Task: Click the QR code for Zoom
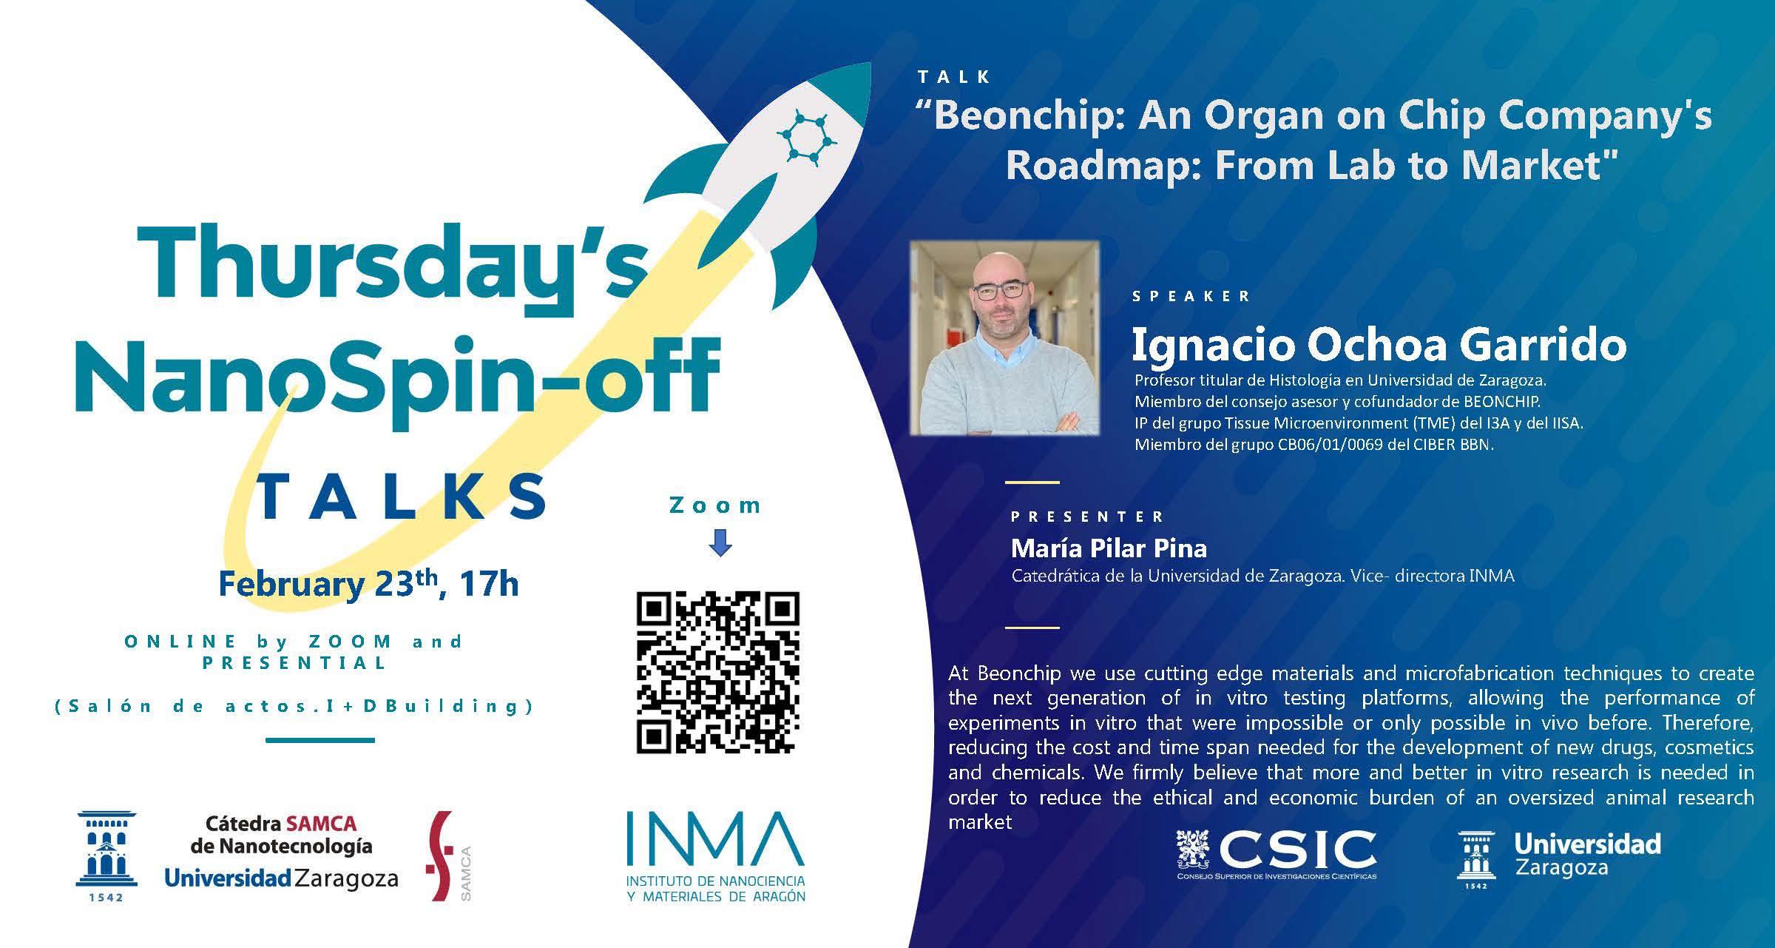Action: [x=717, y=672]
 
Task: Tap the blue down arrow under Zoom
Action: [x=720, y=542]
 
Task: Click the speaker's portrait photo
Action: [x=1004, y=337]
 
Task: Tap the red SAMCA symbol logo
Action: [x=442, y=855]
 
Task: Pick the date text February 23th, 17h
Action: [x=368, y=585]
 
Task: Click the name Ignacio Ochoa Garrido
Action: [x=1379, y=345]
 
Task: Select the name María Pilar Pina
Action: [x=1109, y=548]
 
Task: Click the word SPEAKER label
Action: [x=1191, y=297]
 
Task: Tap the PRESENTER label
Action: [x=1087, y=517]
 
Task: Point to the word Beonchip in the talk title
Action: [x=1028, y=116]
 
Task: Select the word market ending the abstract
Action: [x=979, y=822]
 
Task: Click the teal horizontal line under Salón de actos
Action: [x=319, y=739]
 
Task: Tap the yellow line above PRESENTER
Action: [x=1032, y=483]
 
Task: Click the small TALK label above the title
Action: [x=953, y=77]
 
